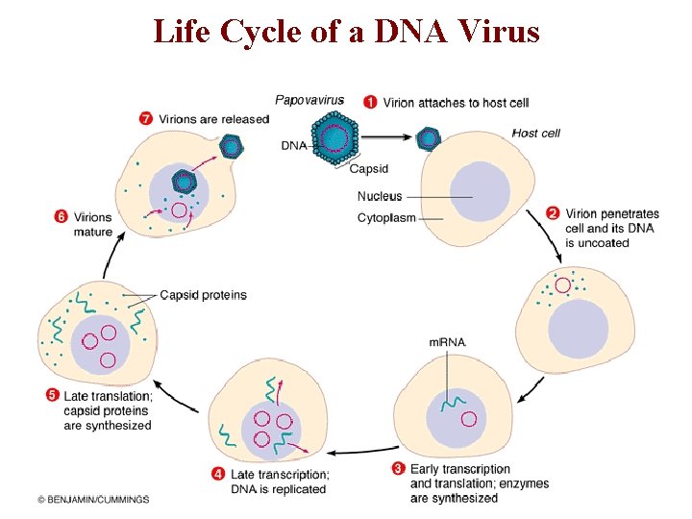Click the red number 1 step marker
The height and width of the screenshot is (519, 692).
click(x=370, y=102)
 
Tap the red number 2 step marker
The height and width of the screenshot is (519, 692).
click(x=553, y=213)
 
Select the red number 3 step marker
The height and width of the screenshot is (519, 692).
click(x=398, y=469)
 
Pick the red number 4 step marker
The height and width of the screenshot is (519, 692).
click(x=219, y=473)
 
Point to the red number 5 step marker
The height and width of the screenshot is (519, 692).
click(x=52, y=395)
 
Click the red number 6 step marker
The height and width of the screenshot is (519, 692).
click(x=61, y=217)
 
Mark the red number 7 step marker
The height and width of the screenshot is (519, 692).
click(x=146, y=118)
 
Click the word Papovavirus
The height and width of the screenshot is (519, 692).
click(x=309, y=100)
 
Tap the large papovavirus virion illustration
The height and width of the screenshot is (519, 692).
click(x=334, y=138)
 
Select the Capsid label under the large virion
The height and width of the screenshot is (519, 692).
click(x=368, y=169)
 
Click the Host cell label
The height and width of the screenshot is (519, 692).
click(x=535, y=133)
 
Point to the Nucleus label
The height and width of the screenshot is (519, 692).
click(x=379, y=197)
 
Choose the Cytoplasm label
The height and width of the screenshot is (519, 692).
click(x=386, y=218)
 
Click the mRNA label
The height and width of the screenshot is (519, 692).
click(x=447, y=342)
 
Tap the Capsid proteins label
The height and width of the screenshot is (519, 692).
click(x=203, y=295)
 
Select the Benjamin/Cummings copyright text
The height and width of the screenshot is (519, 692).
click(x=93, y=500)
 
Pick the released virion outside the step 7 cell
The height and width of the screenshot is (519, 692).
click(x=231, y=145)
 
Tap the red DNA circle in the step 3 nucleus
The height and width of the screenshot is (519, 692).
click(x=468, y=419)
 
